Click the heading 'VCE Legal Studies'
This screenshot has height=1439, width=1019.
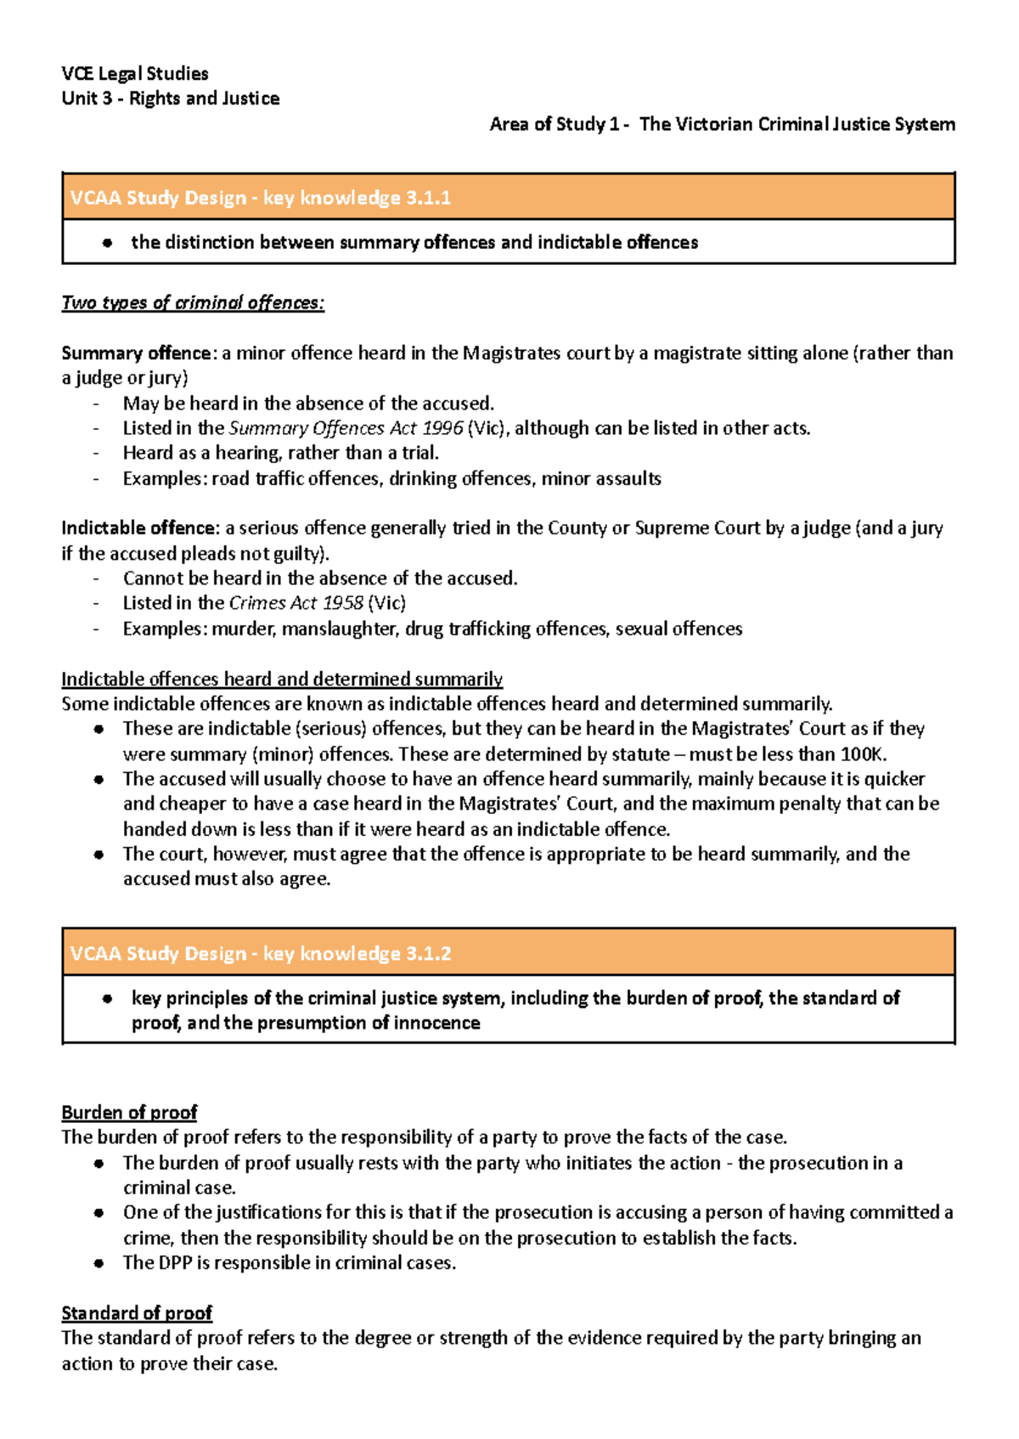(135, 74)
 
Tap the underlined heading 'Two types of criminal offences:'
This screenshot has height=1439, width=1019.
(193, 303)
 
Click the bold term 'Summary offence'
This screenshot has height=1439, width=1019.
(136, 353)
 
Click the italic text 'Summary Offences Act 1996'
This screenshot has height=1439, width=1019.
(346, 428)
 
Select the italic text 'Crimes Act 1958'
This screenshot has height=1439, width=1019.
(296, 603)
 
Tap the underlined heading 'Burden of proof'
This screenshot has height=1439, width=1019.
(129, 1113)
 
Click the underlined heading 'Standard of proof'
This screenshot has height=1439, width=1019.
(137, 1313)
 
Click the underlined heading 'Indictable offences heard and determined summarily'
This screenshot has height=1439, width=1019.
(282, 680)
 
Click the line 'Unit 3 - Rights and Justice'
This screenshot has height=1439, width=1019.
(171, 99)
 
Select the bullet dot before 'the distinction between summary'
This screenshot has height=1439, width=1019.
(107, 243)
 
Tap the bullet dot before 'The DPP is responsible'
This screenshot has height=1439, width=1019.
(99, 1264)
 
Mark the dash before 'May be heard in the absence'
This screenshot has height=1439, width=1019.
(97, 404)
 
